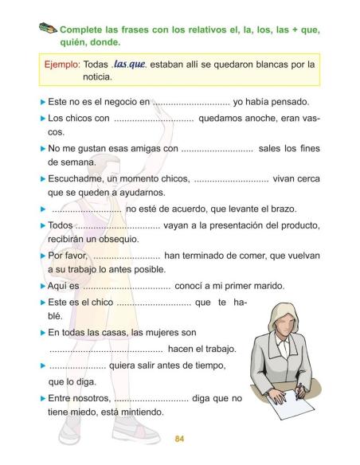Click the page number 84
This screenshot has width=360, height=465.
[179, 437]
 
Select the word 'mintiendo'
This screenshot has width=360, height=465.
[137, 412]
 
